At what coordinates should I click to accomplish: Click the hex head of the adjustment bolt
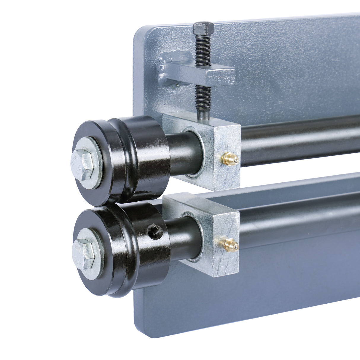[x=203, y=28]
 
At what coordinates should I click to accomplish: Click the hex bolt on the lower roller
[x=84, y=254]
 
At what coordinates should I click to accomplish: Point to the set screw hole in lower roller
[x=155, y=231]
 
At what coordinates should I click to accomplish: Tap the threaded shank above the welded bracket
[x=203, y=49]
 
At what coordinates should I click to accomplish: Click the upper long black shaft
[x=297, y=139]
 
